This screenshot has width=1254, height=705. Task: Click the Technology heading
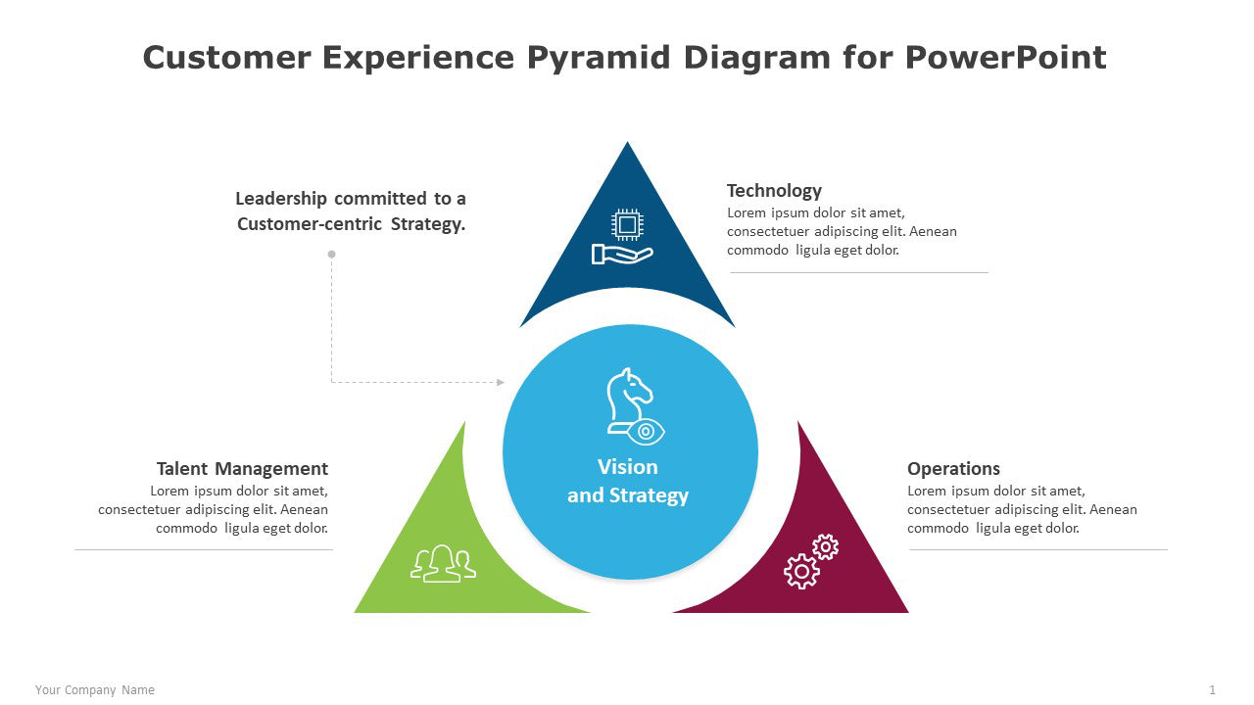pyautogui.click(x=774, y=191)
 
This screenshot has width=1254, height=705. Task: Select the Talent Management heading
pyautogui.click(x=242, y=469)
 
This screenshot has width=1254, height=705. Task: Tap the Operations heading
pyautogui.click(x=953, y=469)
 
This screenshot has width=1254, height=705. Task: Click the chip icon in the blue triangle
pyautogui.click(x=626, y=224)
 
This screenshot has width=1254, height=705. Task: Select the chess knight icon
pyautogui.click(x=627, y=397)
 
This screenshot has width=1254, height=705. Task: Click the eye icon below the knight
pyautogui.click(x=647, y=431)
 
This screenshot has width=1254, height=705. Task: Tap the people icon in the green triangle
pyautogui.click(x=443, y=564)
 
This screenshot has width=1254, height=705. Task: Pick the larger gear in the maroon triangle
pyautogui.click(x=801, y=570)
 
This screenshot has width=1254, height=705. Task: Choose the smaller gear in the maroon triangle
pyautogui.click(x=826, y=546)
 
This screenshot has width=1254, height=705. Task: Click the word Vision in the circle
pyautogui.click(x=628, y=467)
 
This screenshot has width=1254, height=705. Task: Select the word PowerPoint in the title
pyautogui.click(x=1005, y=58)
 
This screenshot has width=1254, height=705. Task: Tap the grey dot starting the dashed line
pyautogui.click(x=331, y=254)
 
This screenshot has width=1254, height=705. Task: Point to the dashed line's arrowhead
pyautogui.click(x=501, y=382)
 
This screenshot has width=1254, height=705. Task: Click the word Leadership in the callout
pyautogui.click(x=281, y=199)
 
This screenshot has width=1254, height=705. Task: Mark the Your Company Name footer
pyautogui.click(x=95, y=690)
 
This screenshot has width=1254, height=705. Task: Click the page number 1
pyautogui.click(x=1212, y=690)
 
